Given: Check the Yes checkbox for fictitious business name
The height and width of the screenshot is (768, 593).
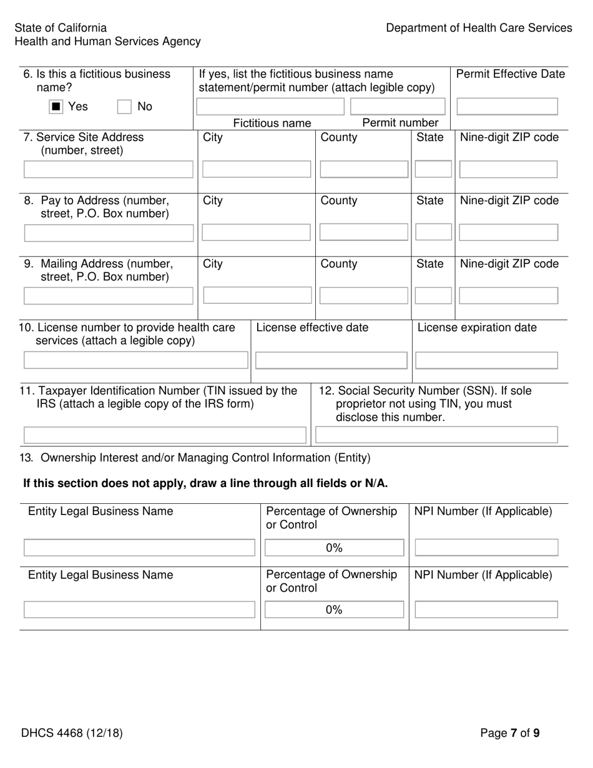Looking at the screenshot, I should (56, 107).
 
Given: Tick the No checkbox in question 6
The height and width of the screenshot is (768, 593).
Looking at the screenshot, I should (125, 107).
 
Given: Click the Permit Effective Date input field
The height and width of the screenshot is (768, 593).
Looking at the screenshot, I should (507, 107).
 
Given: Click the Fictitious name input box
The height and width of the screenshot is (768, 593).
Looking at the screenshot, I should (270, 107).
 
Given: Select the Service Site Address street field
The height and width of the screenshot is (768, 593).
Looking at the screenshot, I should (109, 169).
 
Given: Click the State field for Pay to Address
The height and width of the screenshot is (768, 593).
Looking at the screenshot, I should (433, 233).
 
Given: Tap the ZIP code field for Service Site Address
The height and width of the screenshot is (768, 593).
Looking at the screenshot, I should (508, 169).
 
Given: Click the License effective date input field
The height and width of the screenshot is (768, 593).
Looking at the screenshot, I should (331, 360).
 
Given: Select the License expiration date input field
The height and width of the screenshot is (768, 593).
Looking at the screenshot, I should (486, 360).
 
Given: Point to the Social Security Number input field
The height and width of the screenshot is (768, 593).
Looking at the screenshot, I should (436, 435).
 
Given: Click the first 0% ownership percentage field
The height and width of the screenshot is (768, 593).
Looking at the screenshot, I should (334, 548).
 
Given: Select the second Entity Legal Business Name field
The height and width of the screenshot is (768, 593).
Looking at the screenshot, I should (139, 609).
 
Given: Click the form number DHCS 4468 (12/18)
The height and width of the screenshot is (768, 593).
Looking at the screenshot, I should (72, 733).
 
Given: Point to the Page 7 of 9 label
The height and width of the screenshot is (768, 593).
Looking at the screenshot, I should (509, 733).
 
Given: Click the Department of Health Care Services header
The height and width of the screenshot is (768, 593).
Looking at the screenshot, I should (478, 28).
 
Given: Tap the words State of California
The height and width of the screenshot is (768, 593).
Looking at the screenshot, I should (61, 28).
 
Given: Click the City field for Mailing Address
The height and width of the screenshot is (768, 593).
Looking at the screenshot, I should (256, 296).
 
